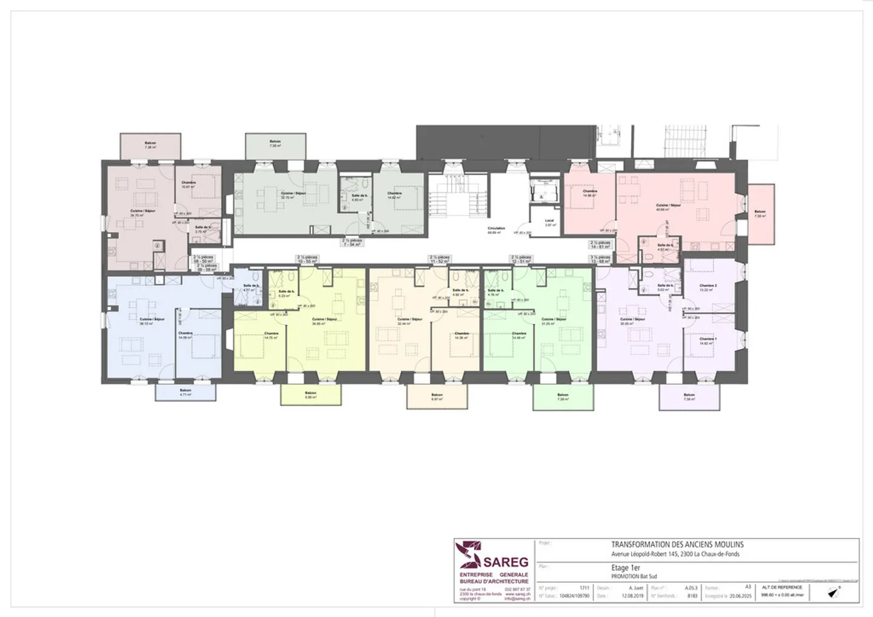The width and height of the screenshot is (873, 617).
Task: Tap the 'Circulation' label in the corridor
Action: point(496,228)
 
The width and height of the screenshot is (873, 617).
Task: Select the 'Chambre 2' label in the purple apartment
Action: point(707,285)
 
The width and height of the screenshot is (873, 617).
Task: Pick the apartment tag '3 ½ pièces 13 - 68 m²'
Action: point(600,260)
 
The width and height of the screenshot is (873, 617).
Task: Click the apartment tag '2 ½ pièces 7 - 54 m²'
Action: point(352,242)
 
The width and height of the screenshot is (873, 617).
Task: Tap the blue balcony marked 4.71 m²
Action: point(186,392)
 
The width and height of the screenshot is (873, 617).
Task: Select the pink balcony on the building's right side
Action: point(760,213)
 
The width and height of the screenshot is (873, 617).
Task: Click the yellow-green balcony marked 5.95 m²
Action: point(310,395)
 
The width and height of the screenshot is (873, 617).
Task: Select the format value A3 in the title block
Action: point(748,587)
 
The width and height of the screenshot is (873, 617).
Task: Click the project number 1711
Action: point(584,588)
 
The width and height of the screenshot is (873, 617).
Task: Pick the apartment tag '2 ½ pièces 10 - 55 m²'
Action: point(308,259)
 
